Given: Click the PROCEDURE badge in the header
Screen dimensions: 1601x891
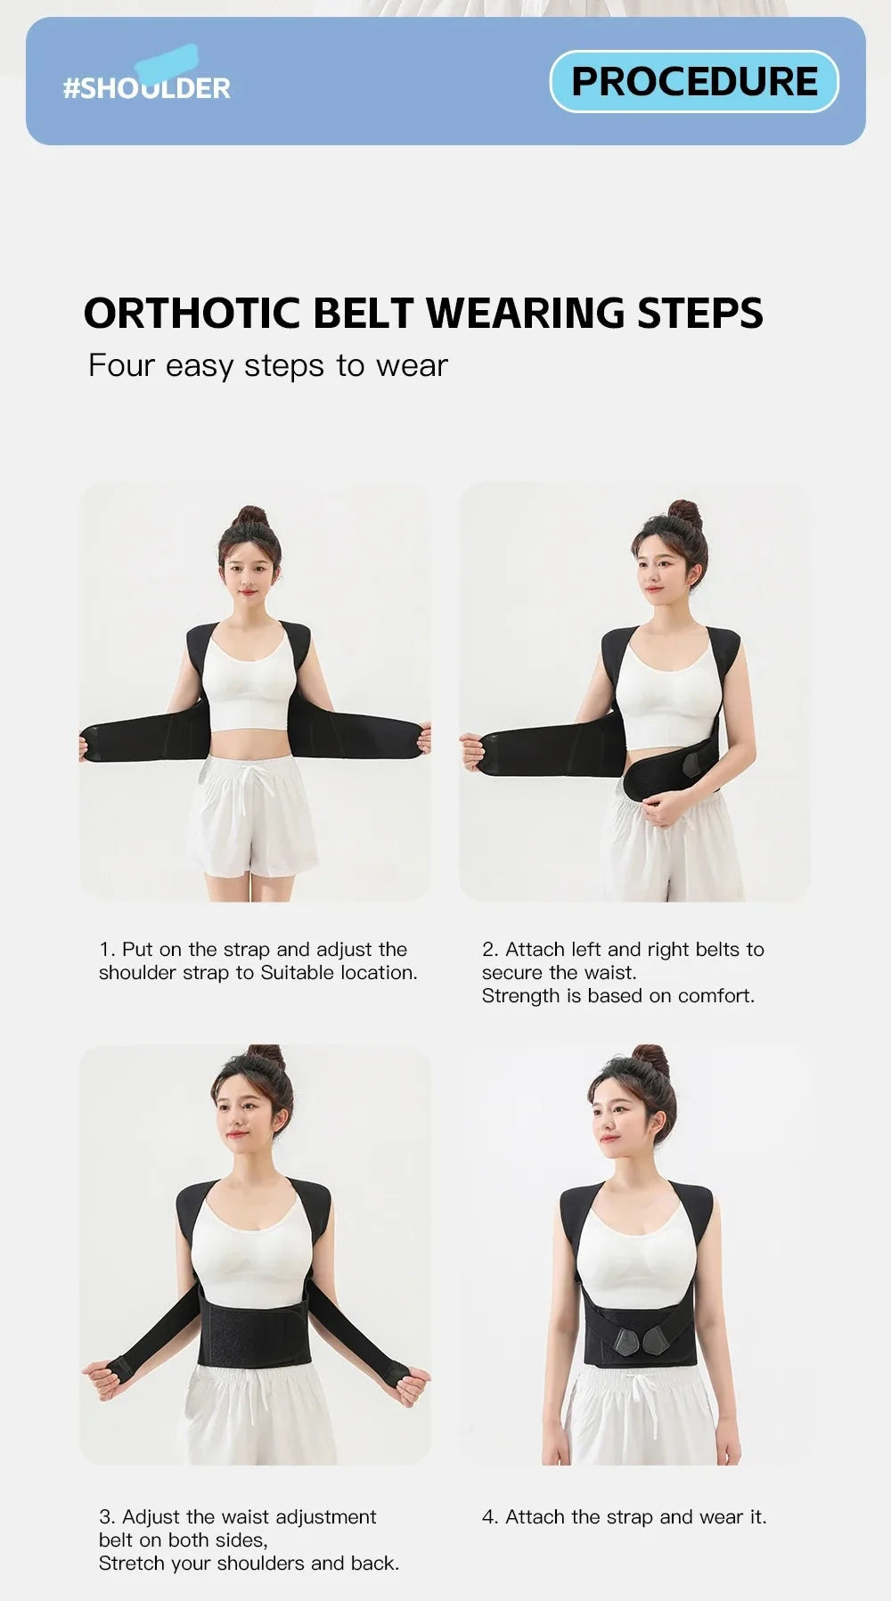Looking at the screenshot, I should click(x=694, y=81).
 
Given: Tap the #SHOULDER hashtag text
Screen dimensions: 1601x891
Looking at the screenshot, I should click(x=146, y=87).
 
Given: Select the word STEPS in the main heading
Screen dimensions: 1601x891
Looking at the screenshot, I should click(x=699, y=314).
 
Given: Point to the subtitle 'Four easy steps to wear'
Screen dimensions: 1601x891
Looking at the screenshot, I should click(x=267, y=365).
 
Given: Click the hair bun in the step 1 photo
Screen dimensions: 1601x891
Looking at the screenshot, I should click(x=249, y=517).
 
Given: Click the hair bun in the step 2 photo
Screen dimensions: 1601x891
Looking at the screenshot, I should click(x=684, y=514).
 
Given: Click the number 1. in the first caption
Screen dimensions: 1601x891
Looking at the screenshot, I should click(x=107, y=950).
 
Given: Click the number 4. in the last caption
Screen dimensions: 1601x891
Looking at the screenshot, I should click(x=490, y=1516).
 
